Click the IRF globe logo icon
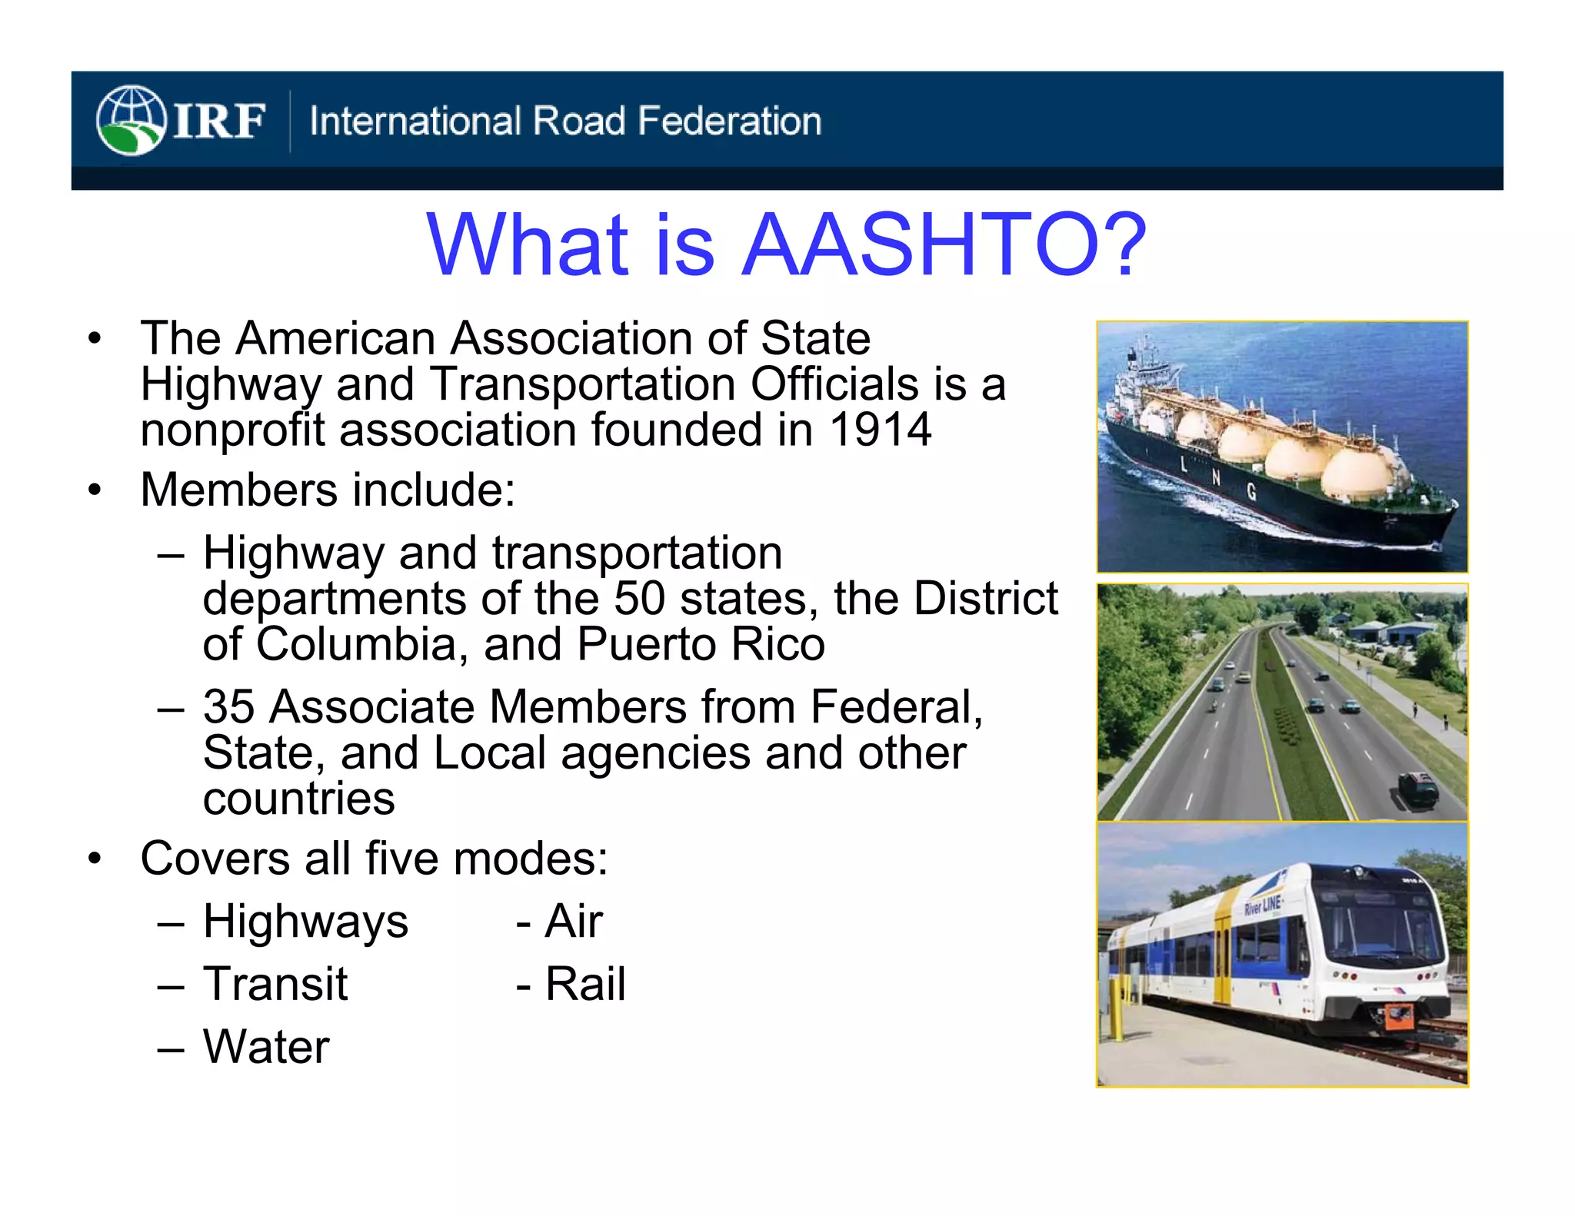click(131, 121)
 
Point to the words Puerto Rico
click(701, 644)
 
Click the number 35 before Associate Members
click(228, 706)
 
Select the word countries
click(298, 799)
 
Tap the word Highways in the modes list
click(305, 921)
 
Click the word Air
click(574, 921)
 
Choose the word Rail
click(585, 984)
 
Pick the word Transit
click(275, 984)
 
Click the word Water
click(266, 1047)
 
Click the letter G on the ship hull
click(1252, 492)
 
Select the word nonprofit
click(233, 430)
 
